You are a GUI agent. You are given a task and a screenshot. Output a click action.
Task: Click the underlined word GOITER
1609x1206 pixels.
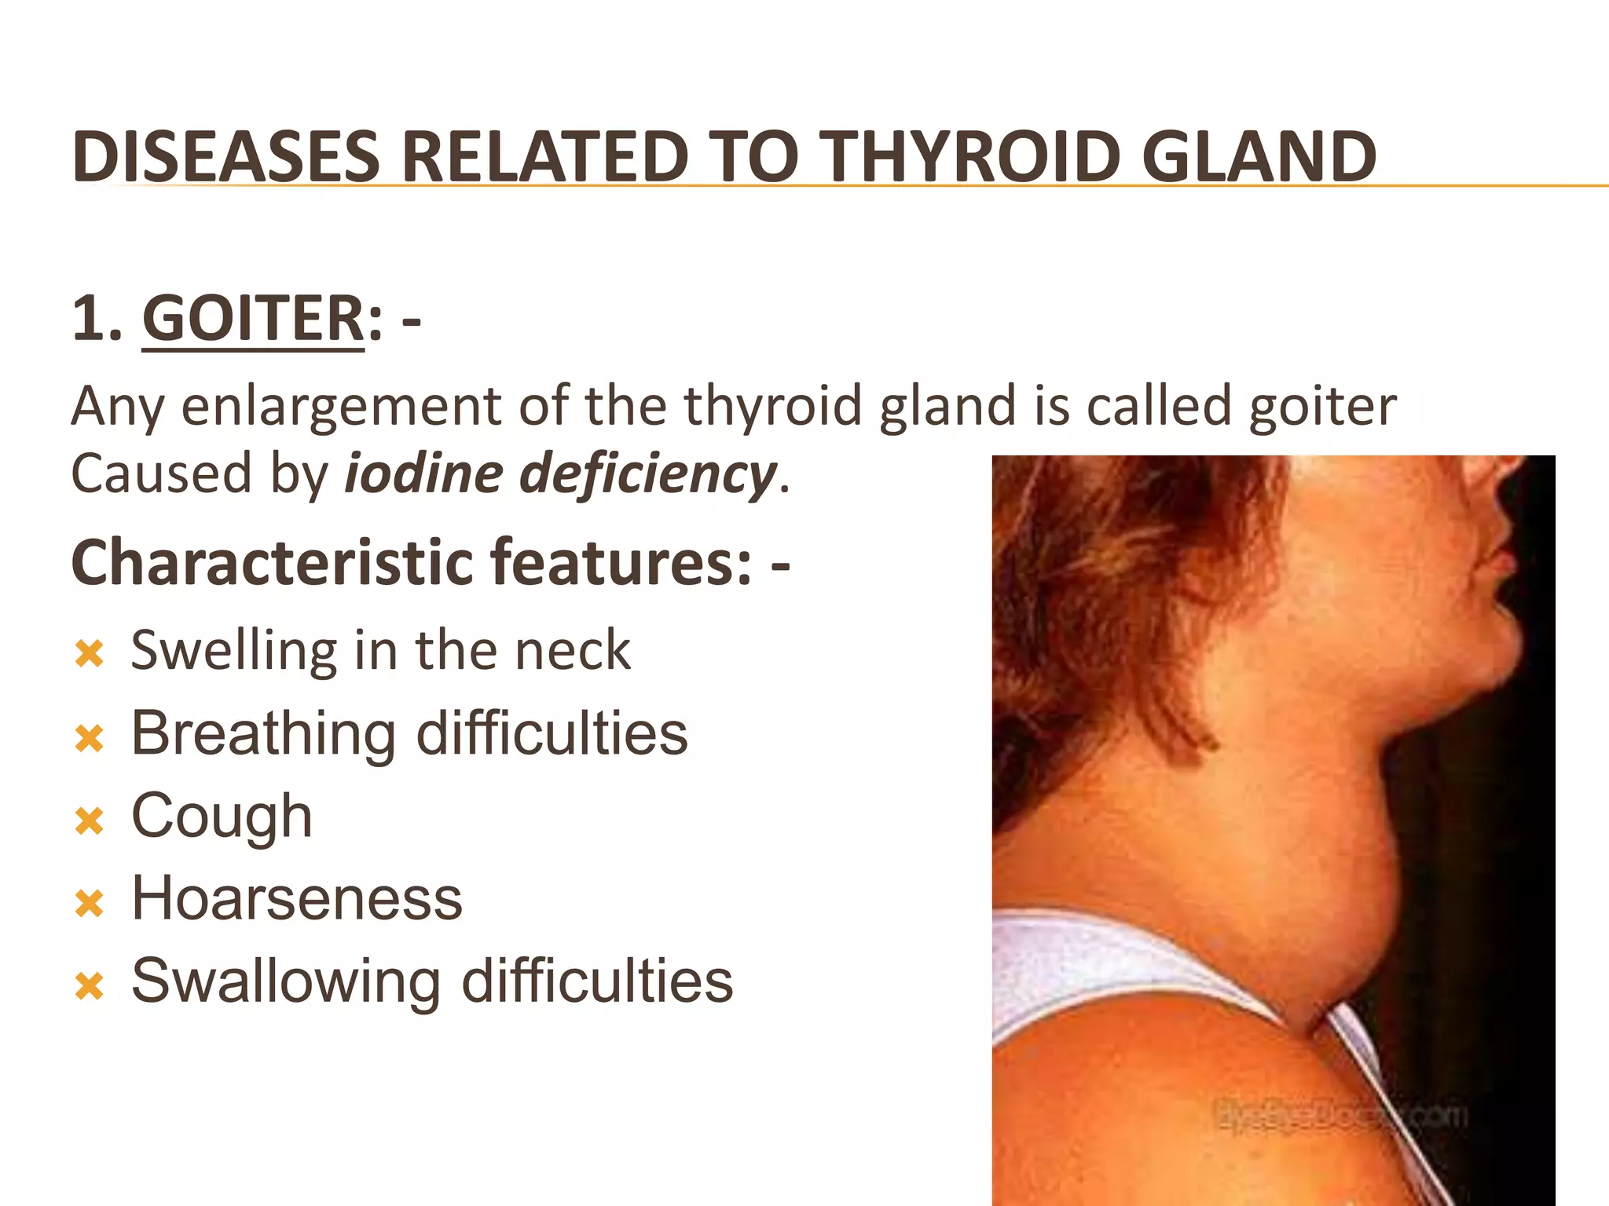[253, 319]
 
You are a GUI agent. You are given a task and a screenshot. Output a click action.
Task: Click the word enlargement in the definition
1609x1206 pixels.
[341, 407]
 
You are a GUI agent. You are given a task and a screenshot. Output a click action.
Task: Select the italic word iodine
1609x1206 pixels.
[423, 474]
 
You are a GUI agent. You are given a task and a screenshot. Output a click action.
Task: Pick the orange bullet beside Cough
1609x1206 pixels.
[90, 822]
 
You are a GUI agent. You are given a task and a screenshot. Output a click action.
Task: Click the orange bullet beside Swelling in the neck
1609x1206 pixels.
[90, 654]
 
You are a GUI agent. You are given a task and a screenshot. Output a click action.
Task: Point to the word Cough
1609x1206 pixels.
[222, 817]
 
